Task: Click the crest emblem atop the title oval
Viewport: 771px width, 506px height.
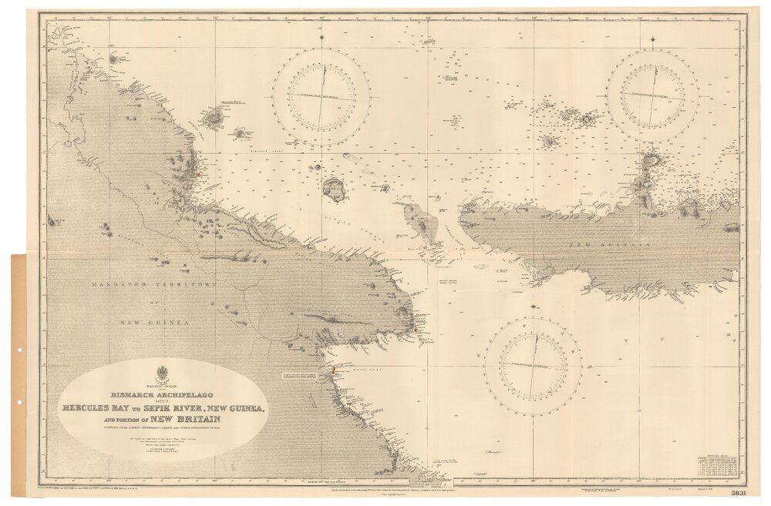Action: coord(161,367)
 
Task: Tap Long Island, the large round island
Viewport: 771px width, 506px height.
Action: coord(334,189)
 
